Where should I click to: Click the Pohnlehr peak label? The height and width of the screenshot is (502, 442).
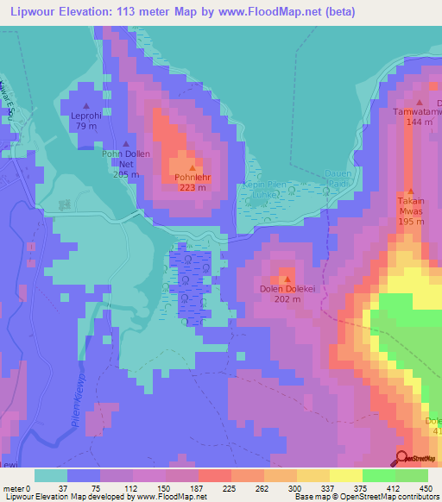[x=192, y=177]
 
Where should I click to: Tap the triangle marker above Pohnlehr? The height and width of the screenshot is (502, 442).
[x=192, y=167]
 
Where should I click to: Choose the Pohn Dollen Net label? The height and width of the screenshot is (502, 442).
[x=126, y=159]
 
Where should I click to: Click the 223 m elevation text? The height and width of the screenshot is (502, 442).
[x=192, y=187]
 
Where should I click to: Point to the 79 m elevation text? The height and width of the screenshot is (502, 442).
[x=86, y=127]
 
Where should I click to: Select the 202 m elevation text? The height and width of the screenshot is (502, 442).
[x=285, y=301]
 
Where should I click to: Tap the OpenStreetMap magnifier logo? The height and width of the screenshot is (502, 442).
[x=401, y=459]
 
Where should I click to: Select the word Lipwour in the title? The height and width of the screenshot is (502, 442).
[x=31, y=13]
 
